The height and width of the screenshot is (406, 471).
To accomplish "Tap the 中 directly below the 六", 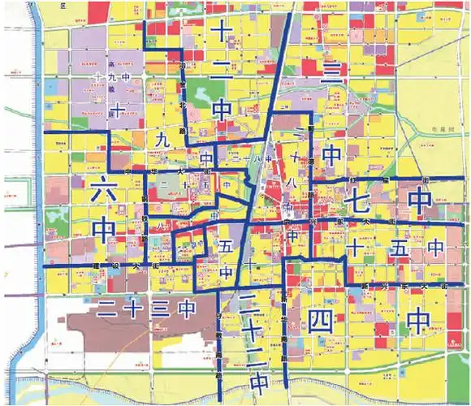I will click(104, 230).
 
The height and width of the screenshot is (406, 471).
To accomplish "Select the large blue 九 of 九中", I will click(160, 140).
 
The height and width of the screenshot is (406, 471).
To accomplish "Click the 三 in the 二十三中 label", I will click(160, 309).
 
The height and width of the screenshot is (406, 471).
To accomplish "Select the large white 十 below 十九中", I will click(118, 108).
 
